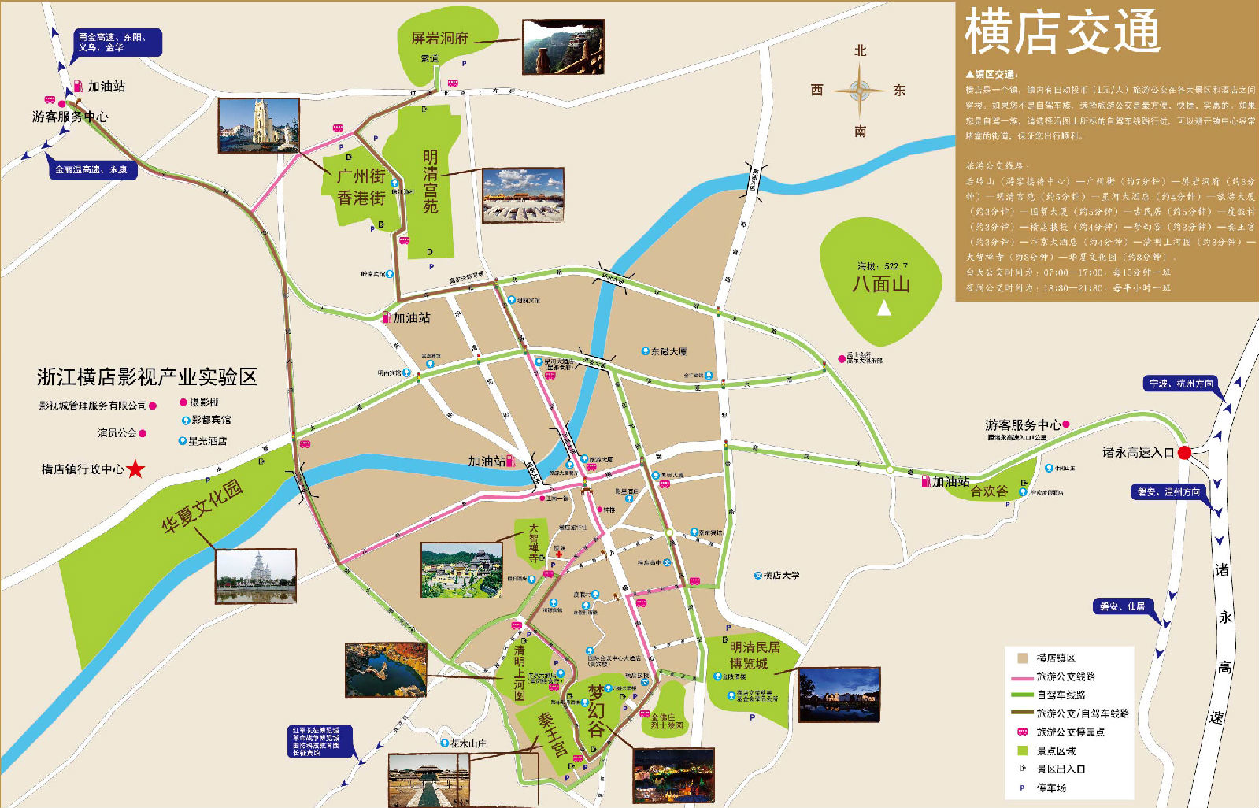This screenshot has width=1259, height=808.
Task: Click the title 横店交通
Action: point(1062,32)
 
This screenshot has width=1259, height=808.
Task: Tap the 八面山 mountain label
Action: point(880,284)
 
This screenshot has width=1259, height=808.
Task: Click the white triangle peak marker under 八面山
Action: point(884,308)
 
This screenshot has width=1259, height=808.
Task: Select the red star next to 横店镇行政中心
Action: point(136,469)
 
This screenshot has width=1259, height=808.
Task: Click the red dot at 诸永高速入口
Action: point(1184,453)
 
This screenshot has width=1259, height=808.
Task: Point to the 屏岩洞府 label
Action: point(439,38)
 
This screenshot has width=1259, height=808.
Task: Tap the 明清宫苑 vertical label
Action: point(430,182)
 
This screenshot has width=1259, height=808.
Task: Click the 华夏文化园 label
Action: point(202,506)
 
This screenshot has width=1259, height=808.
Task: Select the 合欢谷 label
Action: point(989,491)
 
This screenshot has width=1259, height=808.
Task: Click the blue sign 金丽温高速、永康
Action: point(91,169)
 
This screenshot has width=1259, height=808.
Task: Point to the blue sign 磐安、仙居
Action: point(1122,606)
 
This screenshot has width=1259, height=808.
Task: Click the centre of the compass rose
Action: point(859,90)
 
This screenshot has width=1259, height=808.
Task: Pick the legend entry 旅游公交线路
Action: point(1065,676)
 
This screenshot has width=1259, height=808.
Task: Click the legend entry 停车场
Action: point(1051,788)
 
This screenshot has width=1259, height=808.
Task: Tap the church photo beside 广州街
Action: point(258,125)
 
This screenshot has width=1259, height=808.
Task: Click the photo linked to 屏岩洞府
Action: point(563,47)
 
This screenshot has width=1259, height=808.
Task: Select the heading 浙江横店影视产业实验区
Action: point(147,377)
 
